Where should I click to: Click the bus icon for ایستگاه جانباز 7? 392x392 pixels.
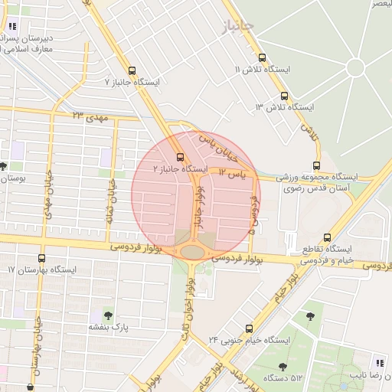tap(132, 69)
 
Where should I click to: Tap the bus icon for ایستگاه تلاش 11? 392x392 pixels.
tap(262, 57)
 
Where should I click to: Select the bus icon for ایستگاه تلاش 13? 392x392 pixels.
tap(284, 96)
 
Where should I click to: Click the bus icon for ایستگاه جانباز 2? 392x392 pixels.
tap(180, 157)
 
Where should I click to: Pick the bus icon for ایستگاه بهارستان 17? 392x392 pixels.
tap(41, 259)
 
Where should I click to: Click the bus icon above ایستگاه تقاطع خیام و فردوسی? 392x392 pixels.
tap(327, 237)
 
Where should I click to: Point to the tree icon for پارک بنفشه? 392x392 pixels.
tap(106, 315)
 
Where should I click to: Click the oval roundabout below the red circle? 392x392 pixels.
tap(193, 251)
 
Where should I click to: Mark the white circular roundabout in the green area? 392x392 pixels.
tap(355, 67)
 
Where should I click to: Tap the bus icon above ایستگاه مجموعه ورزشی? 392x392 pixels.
tap(317, 165)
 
